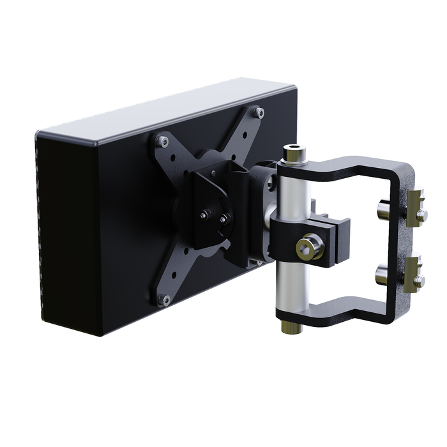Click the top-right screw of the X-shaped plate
tap(258, 113)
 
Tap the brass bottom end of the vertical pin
tap(292, 327)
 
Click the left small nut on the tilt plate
tap(204, 215)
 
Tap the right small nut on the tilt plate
tap(223, 218)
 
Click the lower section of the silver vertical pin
tap(291, 287)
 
